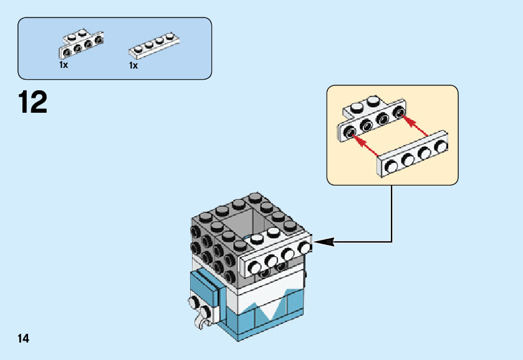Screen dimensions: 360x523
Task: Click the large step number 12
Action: tap(33, 102)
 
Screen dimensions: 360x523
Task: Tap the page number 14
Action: tap(24, 338)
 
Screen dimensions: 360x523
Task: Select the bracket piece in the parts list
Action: tap(80, 43)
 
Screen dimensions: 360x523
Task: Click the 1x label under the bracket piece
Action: tap(63, 65)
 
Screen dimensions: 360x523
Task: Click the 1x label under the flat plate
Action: tap(133, 65)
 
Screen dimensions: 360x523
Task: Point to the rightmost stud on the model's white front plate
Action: tap(305, 247)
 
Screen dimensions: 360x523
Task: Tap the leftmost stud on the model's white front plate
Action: tap(255, 268)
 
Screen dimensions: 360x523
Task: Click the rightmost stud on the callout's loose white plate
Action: tap(441, 147)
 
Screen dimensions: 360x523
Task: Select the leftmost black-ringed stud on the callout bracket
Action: tap(351, 131)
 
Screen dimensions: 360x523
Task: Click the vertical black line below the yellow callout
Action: tap(391, 212)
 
